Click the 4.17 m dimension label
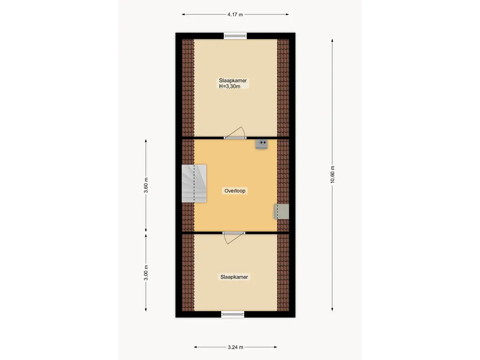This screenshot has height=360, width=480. point(235,15)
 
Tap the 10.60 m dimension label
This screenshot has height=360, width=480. point(332,174)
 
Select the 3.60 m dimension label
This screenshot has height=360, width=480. point(146,185)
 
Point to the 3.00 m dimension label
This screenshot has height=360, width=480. point(146,273)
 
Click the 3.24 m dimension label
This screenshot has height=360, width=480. point(235,347)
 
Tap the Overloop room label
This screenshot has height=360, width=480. point(235,191)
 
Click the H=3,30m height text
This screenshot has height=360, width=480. point(230,86)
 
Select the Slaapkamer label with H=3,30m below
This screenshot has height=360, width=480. point(232,81)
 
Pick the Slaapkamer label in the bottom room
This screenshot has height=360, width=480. point(234,277)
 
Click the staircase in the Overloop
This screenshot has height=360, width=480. point(194,184)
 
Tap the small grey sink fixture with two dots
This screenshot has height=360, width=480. point(262,144)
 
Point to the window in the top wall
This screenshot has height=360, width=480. point(235,36)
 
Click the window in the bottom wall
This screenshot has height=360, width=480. point(232,314)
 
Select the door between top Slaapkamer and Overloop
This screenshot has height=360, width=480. point(235,134)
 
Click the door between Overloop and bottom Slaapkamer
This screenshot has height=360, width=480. point(233,238)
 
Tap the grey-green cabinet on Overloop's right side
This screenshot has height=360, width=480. point(281,211)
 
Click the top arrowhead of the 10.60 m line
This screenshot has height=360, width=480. point(332,40)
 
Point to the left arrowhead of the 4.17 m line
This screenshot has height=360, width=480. point(183,15)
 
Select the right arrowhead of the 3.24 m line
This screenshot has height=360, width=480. point(276,347)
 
